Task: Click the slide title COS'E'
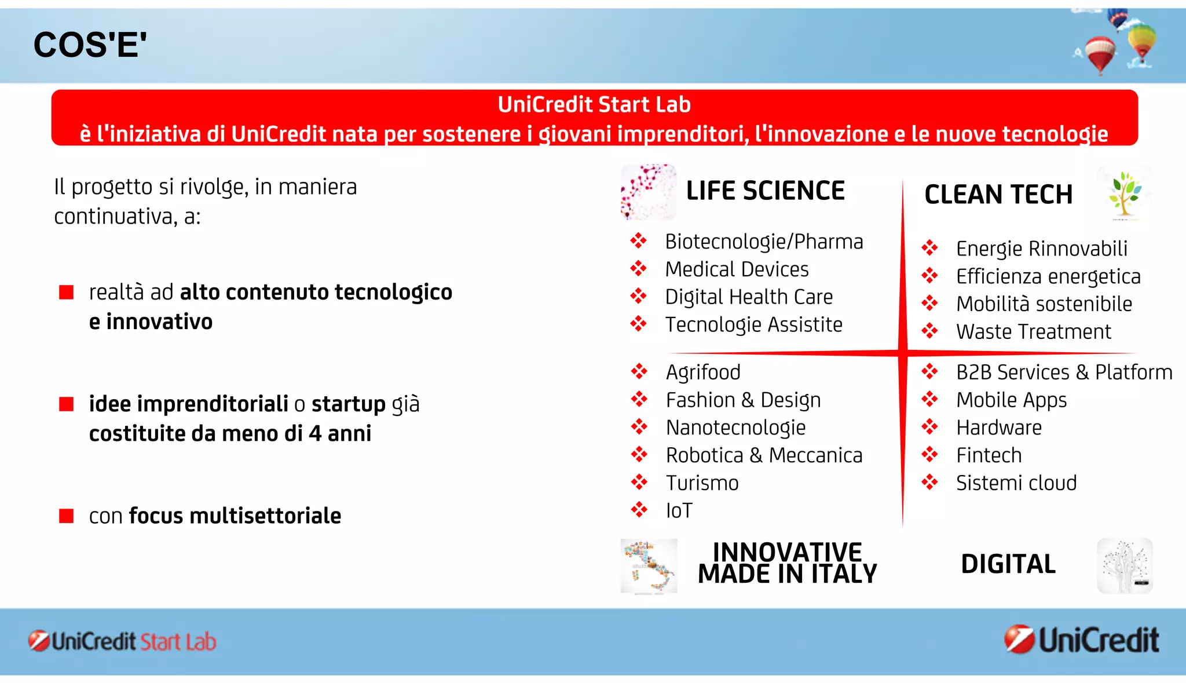pyautogui.click(x=90, y=45)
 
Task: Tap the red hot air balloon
pyautogui.click(x=1100, y=53)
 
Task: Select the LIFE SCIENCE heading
pyautogui.click(x=765, y=191)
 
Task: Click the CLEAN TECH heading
pyautogui.click(x=998, y=195)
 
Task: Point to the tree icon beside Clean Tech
pyautogui.click(x=1124, y=194)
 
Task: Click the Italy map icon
pyautogui.click(x=649, y=566)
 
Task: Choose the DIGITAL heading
pyautogui.click(x=1008, y=564)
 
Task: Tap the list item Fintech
pyautogui.click(x=989, y=455)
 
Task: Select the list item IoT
pyautogui.click(x=679, y=511)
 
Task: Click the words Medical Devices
pyautogui.click(x=737, y=269)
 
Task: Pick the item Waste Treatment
pyautogui.click(x=1033, y=332)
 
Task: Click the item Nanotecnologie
pyautogui.click(x=735, y=428)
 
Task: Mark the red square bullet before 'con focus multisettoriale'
pyautogui.click(x=67, y=516)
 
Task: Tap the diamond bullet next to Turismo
pyautogui.click(x=639, y=483)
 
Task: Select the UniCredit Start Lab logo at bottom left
pyautogui.click(x=122, y=642)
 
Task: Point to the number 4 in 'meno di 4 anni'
pyautogui.click(x=315, y=434)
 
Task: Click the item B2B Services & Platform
pyautogui.click(x=1064, y=372)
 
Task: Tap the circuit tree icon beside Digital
pyautogui.click(x=1125, y=566)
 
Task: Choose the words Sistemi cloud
pyautogui.click(x=1016, y=483)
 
